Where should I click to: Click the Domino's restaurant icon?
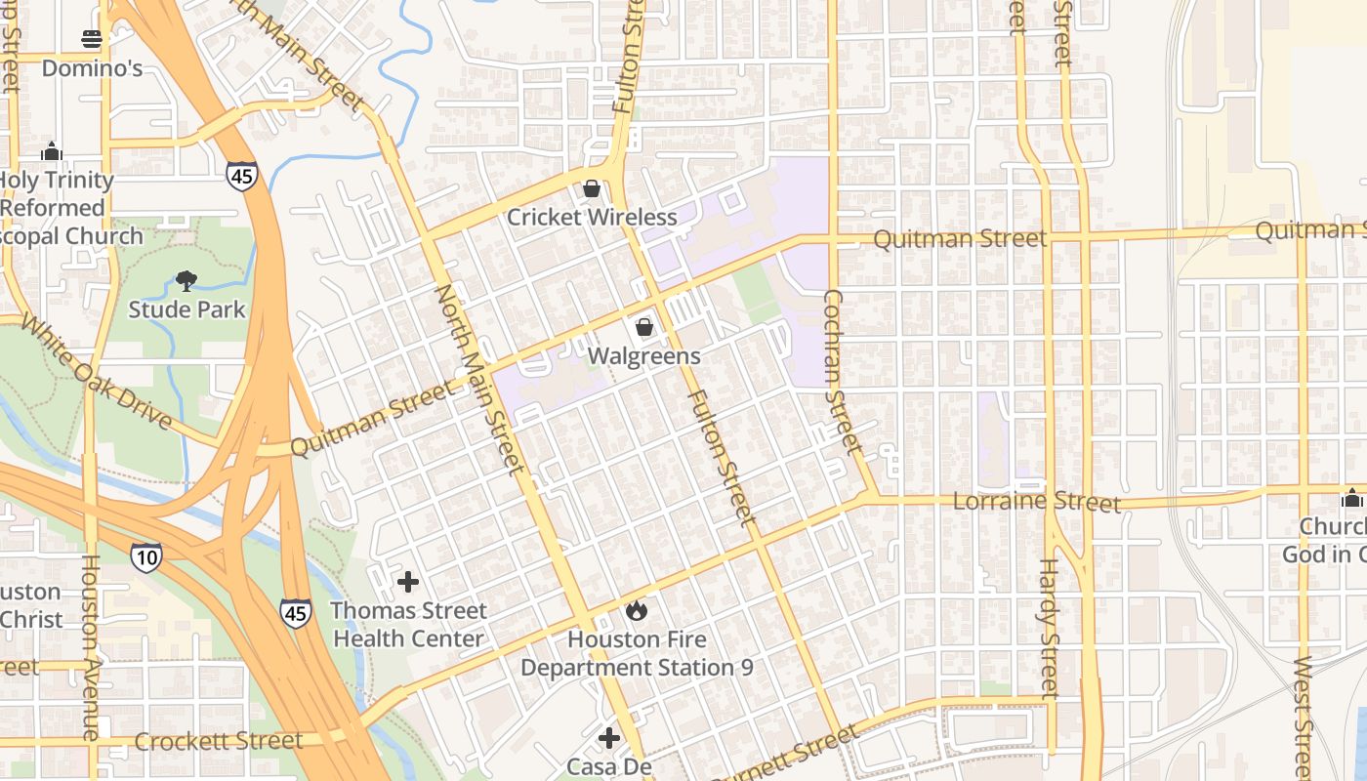(x=92, y=39)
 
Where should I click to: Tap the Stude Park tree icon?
(x=186, y=281)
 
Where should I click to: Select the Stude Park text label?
(x=186, y=309)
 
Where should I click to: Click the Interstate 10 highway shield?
(x=145, y=556)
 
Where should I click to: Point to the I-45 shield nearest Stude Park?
(x=241, y=176)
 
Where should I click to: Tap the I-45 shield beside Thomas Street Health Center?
(x=296, y=613)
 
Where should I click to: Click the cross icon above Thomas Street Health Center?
(x=408, y=582)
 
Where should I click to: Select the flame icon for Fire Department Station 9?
(x=637, y=611)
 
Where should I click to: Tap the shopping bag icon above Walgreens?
(x=643, y=327)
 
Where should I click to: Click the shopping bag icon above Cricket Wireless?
(x=591, y=188)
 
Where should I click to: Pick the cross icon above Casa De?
(x=609, y=737)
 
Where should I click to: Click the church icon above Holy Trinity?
(x=52, y=151)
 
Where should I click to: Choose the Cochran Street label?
(x=843, y=371)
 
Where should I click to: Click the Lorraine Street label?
(x=1036, y=502)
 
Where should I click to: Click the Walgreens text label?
(x=643, y=356)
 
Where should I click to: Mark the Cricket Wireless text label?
(x=592, y=217)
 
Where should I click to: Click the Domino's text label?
(x=92, y=67)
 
